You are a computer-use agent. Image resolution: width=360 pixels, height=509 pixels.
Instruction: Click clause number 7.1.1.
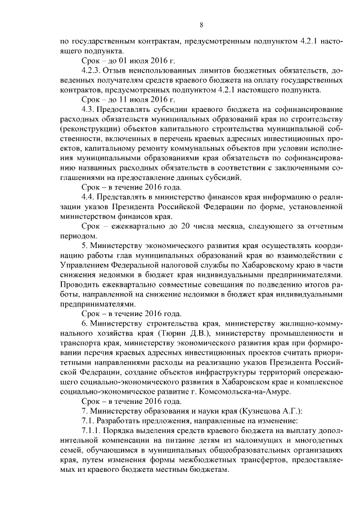coord(92,432)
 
